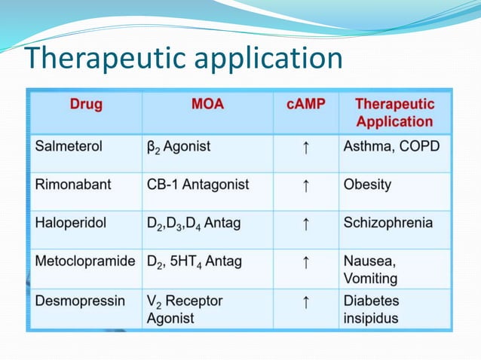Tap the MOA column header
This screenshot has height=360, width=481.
pos(207,105)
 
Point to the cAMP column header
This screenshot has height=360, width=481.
pos(305,105)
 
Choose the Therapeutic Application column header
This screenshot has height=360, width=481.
pos(394,113)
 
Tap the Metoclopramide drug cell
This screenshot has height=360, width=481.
pos(84,261)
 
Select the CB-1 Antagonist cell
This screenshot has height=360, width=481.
pos(198,185)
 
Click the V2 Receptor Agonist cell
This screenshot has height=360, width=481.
pos(185,310)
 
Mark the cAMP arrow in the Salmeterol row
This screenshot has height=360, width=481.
pos(305,148)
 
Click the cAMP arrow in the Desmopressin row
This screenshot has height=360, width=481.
pos(305,303)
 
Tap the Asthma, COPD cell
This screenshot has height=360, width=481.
pos(391,147)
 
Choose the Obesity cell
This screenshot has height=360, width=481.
pos(367,185)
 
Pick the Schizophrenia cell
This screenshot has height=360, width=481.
pos(388,223)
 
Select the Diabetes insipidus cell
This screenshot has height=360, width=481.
pos(372,310)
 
